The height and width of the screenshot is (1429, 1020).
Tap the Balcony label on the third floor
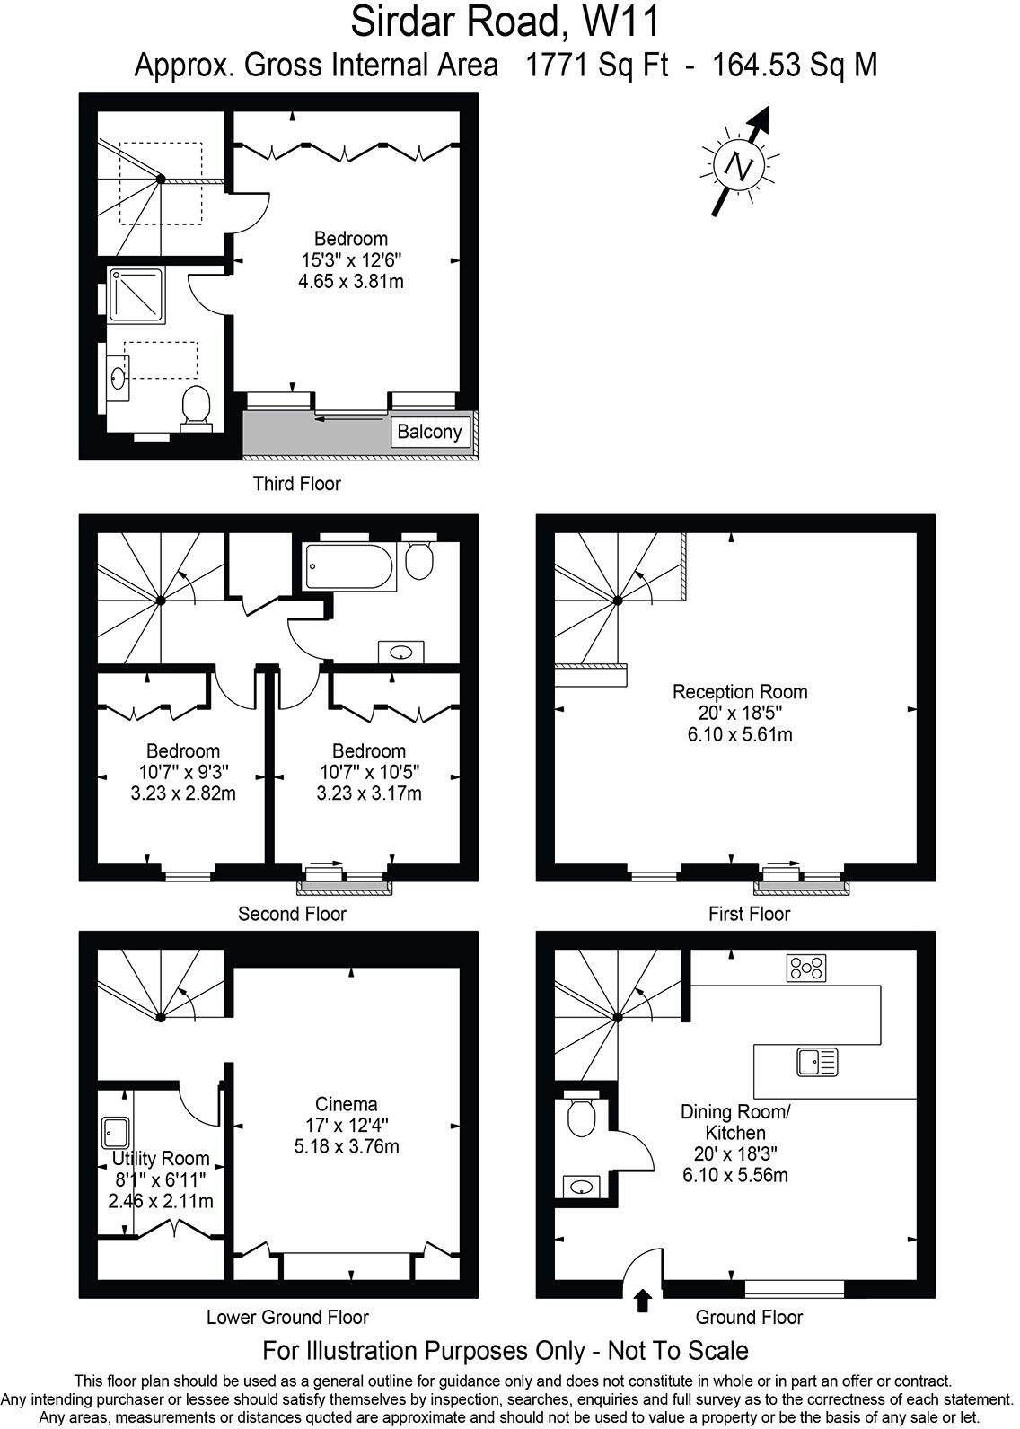tap(430, 432)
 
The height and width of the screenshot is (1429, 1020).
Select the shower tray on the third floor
tap(136, 294)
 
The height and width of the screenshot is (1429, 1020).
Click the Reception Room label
tap(740, 692)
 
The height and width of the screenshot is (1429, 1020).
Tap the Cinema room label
tap(346, 1104)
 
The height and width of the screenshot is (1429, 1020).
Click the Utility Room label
tap(162, 1159)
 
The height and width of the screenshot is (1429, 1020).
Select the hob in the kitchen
tap(806, 968)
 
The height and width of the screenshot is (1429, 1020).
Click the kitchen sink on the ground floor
tap(816, 1063)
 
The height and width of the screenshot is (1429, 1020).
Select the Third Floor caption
tap(296, 484)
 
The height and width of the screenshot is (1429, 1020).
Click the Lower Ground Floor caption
tap(287, 1318)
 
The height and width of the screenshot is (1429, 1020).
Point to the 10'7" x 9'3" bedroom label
tap(183, 772)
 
